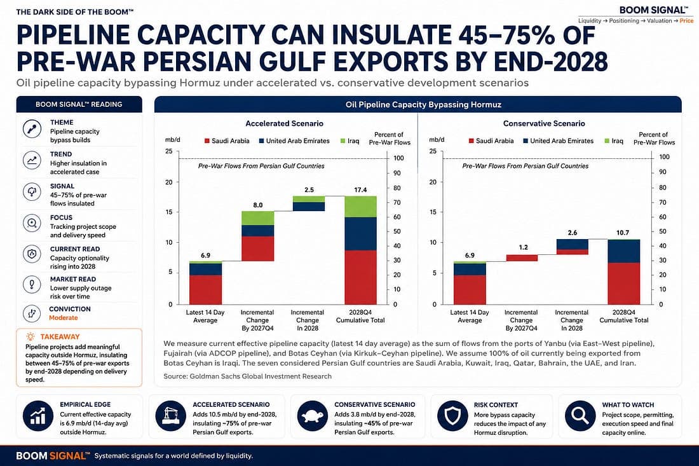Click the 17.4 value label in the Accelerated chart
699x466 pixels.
click(x=360, y=190)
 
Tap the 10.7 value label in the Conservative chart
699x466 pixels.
click(x=623, y=233)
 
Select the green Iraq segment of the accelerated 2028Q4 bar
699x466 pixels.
click(x=361, y=207)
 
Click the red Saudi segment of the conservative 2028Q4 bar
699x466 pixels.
click(x=623, y=284)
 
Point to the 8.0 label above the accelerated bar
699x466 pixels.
click(x=257, y=205)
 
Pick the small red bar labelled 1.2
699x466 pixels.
click(x=522, y=257)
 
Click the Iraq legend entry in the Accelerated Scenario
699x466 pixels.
click(x=350, y=141)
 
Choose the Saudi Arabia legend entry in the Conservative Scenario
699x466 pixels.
click(x=491, y=141)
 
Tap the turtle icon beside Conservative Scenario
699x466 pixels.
click(x=312, y=416)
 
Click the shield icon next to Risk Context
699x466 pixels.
click(x=452, y=416)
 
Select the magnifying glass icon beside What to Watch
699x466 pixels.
click(x=580, y=416)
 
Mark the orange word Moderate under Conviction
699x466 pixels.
click(x=64, y=318)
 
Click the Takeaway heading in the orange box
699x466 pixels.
click(x=60, y=337)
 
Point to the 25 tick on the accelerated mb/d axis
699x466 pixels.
click(x=168, y=151)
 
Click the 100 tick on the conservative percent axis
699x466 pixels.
click(x=664, y=157)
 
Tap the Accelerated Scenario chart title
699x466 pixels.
click(x=285, y=123)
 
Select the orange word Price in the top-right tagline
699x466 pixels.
click(x=686, y=21)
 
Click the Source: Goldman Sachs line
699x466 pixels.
click(x=247, y=376)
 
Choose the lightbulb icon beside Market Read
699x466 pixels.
click(x=32, y=284)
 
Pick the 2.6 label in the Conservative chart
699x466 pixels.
click(x=573, y=233)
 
